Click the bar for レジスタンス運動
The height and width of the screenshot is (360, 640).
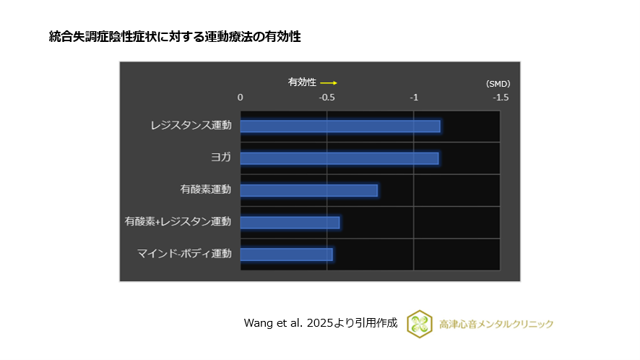[340, 127]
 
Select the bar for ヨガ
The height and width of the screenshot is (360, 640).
[339, 158]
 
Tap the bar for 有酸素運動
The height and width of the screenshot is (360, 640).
[308, 190]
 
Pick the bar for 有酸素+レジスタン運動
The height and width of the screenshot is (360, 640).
[290, 222]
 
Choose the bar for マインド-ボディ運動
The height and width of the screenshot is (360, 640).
[286, 254]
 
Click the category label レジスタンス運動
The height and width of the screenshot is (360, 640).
[191, 126]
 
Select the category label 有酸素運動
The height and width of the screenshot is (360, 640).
[206, 189]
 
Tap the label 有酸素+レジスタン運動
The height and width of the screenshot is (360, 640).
[178, 221]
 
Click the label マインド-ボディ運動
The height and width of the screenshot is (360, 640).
[184, 253]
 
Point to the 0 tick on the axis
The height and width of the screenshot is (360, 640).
[241, 97]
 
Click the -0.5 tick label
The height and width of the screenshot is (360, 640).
[327, 97]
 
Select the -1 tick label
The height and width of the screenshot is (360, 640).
[414, 97]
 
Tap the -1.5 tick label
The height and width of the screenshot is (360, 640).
[500, 97]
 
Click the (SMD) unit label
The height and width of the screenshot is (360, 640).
[498, 84]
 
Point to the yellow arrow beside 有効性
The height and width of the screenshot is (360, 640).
[329, 82]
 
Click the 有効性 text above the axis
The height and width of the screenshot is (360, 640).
[302, 82]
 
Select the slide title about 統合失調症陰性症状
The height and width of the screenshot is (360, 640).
[174, 36]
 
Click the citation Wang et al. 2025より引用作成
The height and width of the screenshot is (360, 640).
[321, 323]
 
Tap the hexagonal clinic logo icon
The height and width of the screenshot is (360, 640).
[420, 324]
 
